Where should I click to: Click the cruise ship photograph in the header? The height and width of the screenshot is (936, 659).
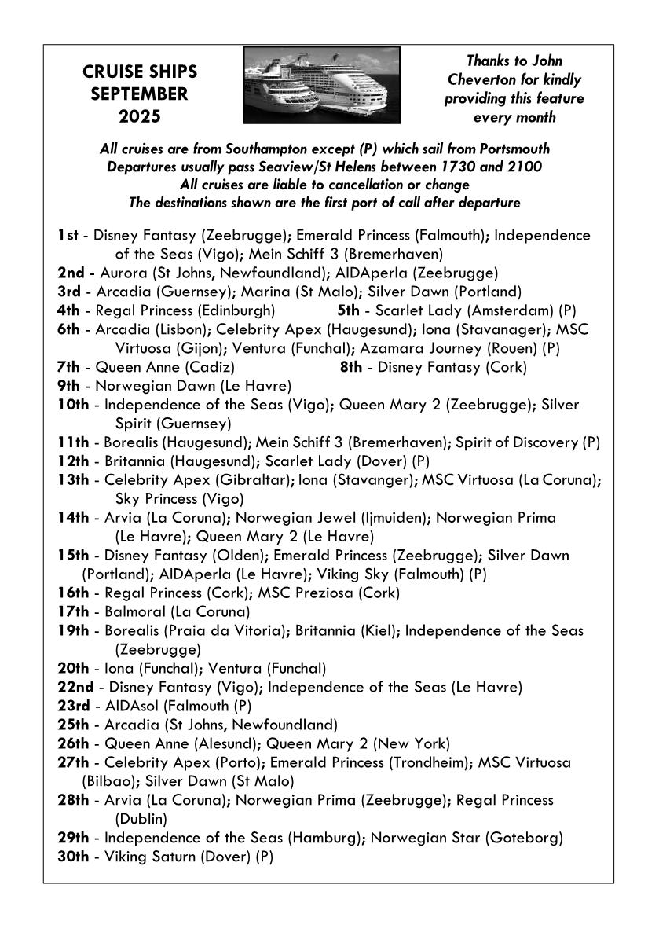point(321,84)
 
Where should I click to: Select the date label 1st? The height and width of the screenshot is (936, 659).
point(70,236)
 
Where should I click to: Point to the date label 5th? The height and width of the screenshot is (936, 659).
point(350,310)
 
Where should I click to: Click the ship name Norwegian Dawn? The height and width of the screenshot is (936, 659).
point(155,386)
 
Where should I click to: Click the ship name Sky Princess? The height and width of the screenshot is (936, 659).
point(156,499)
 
